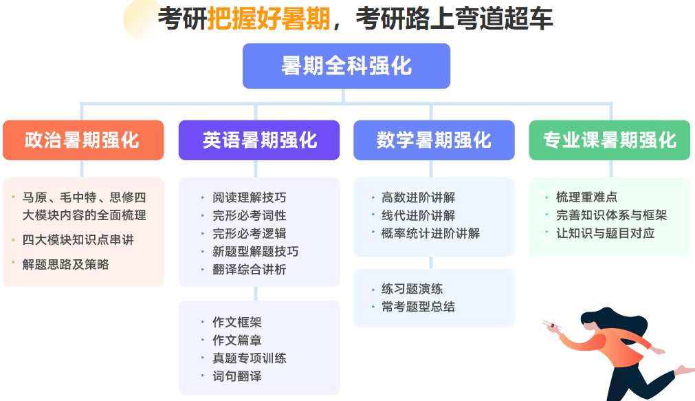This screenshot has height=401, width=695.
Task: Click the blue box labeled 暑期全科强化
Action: pyautogui.click(x=346, y=65)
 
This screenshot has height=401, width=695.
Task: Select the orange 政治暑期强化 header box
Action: pyautogui.click(x=83, y=140)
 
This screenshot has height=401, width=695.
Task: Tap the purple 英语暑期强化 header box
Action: pyautogui.click(x=259, y=140)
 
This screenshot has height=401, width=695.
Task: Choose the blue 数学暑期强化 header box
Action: pyautogui.click(x=434, y=140)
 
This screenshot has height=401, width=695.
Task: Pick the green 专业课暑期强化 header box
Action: pyautogui.click(x=610, y=140)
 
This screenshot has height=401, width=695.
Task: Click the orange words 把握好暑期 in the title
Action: pyautogui.click(x=269, y=19)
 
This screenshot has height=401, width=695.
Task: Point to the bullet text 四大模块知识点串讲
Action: pyautogui.click(x=78, y=240)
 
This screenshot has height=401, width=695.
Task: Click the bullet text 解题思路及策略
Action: pyautogui.click(x=65, y=264)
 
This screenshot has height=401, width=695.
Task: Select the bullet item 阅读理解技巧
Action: pyautogui.click(x=250, y=197)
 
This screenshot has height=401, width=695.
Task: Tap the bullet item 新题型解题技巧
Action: pyautogui.click(x=255, y=252)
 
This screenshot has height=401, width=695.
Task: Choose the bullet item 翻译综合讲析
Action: pyautogui.click(x=250, y=269)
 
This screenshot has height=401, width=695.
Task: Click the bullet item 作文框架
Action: pyautogui.click(x=237, y=322)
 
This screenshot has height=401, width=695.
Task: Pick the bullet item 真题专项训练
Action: pyautogui.click(x=250, y=358)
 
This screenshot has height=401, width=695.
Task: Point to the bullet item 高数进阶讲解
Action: pyautogui.click(x=418, y=197)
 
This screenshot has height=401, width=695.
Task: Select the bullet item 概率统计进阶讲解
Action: pyautogui.click(x=430, y=233)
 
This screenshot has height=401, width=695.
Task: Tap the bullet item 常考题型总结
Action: pyautogui.click(x=418, y=307)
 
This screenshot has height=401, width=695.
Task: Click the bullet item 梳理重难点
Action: pyautogui.click(x=586, y=197)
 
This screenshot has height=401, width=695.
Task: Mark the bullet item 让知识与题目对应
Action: pyautogui.click(x=605, y=233)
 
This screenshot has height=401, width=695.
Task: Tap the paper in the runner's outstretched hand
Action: pyautogui.click(x=552, y=325)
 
